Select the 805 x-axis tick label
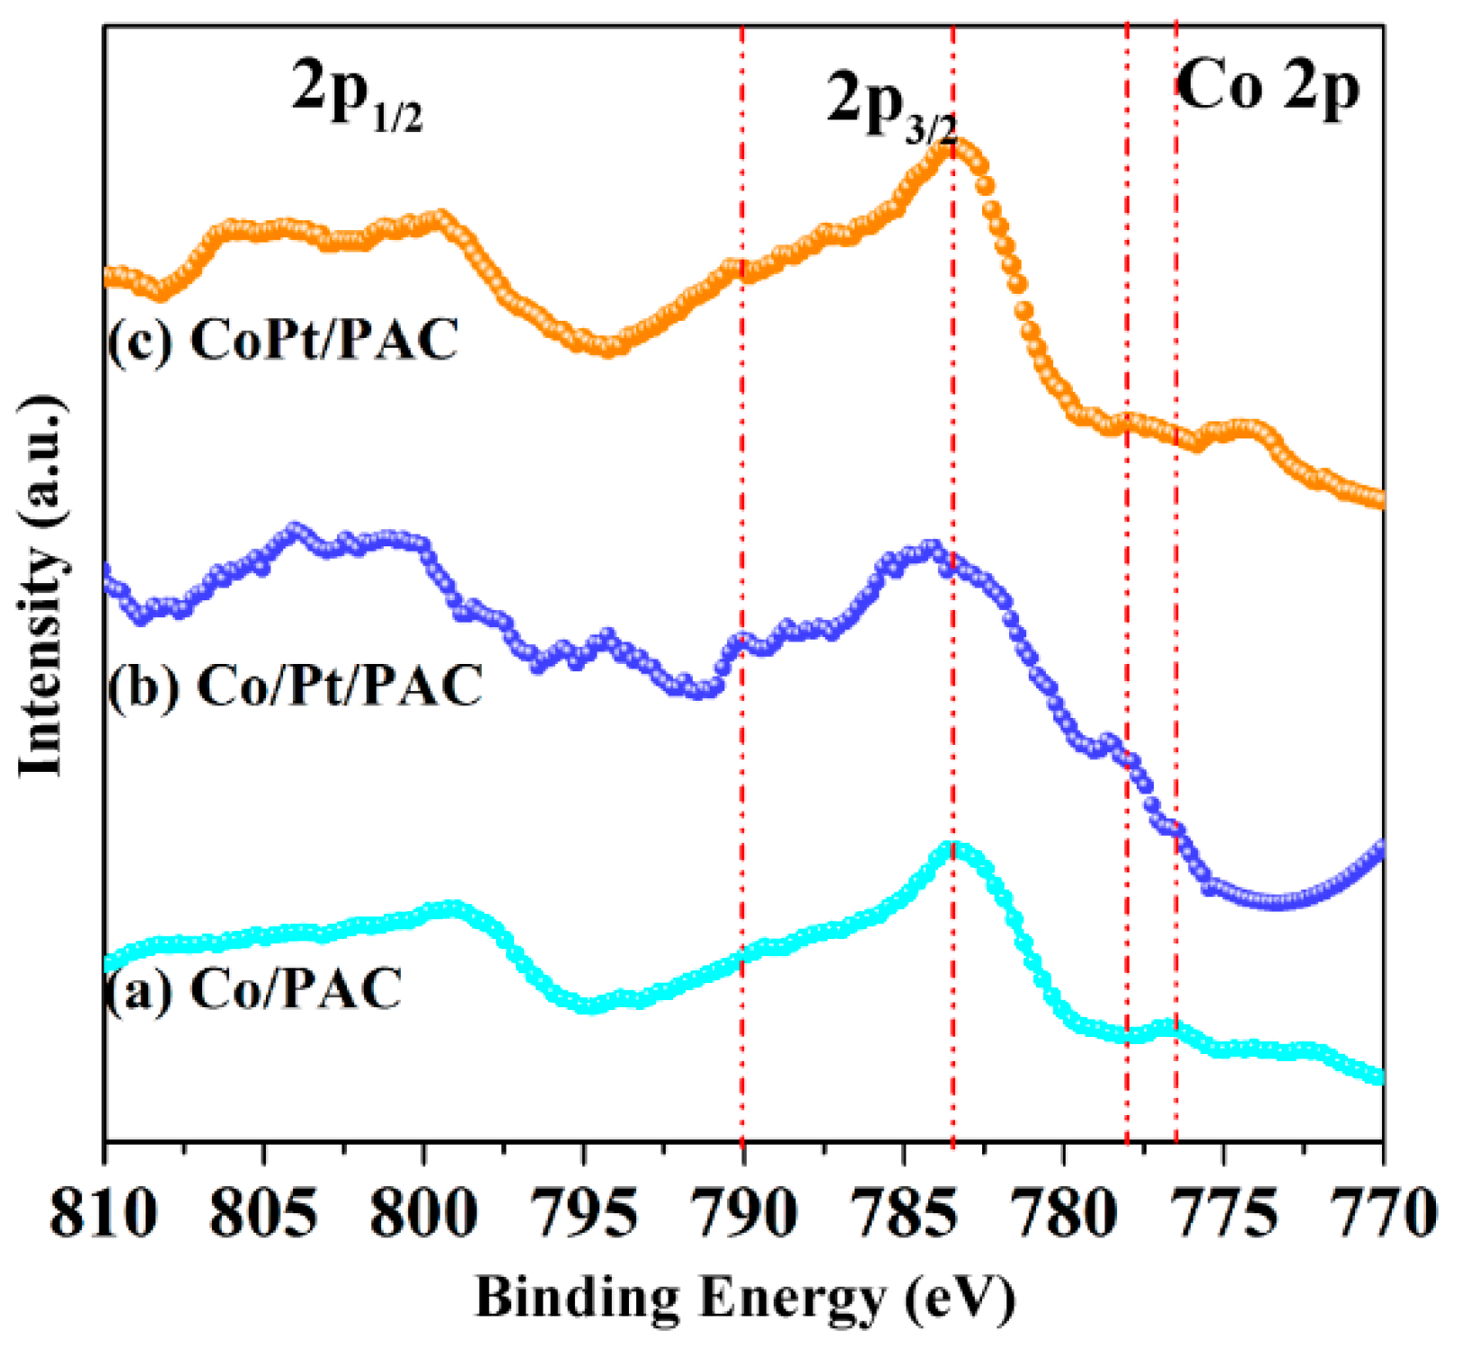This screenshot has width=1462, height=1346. tap(263, 1215)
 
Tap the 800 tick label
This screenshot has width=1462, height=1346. tap(423, 1215)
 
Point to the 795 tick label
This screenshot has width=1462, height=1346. tap(583, 1215)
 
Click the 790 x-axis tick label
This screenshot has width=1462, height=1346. tap(743, 1215)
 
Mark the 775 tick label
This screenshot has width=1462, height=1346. tap(1223, 1215)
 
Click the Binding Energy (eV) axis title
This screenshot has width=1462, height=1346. tap(744, 1297)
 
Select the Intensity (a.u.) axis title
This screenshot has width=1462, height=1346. tap(42, 585)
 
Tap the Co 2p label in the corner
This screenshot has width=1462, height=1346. tap(1267, 88)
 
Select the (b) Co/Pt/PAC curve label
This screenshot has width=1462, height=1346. tap(295, 686)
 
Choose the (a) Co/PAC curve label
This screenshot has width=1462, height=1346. tap(253, 989)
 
